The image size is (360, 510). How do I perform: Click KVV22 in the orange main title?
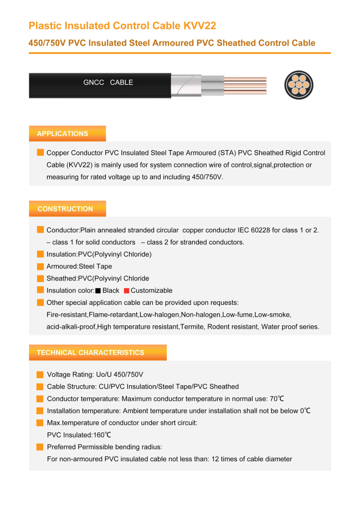point(200,25)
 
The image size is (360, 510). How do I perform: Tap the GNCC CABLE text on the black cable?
point(108,83)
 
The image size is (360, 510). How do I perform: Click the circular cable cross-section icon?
point(299,85)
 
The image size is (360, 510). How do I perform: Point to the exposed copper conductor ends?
point(245,85)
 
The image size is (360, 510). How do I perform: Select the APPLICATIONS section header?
point(67,134)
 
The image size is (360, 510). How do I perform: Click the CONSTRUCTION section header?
point(67,209)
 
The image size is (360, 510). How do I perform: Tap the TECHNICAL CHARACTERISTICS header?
point(98,353)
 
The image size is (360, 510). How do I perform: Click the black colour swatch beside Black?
point(98,291)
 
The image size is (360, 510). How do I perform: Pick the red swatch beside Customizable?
point(127,291)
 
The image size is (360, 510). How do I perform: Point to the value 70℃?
point(277,399)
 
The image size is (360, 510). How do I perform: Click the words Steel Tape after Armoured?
point(95,267)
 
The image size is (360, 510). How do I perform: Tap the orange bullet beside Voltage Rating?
point(40,375)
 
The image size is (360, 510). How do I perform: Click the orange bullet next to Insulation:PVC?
point(40,254)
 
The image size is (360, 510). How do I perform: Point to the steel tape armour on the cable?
point(186,85)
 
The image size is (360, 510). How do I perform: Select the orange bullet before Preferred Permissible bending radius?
point(40,447)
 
